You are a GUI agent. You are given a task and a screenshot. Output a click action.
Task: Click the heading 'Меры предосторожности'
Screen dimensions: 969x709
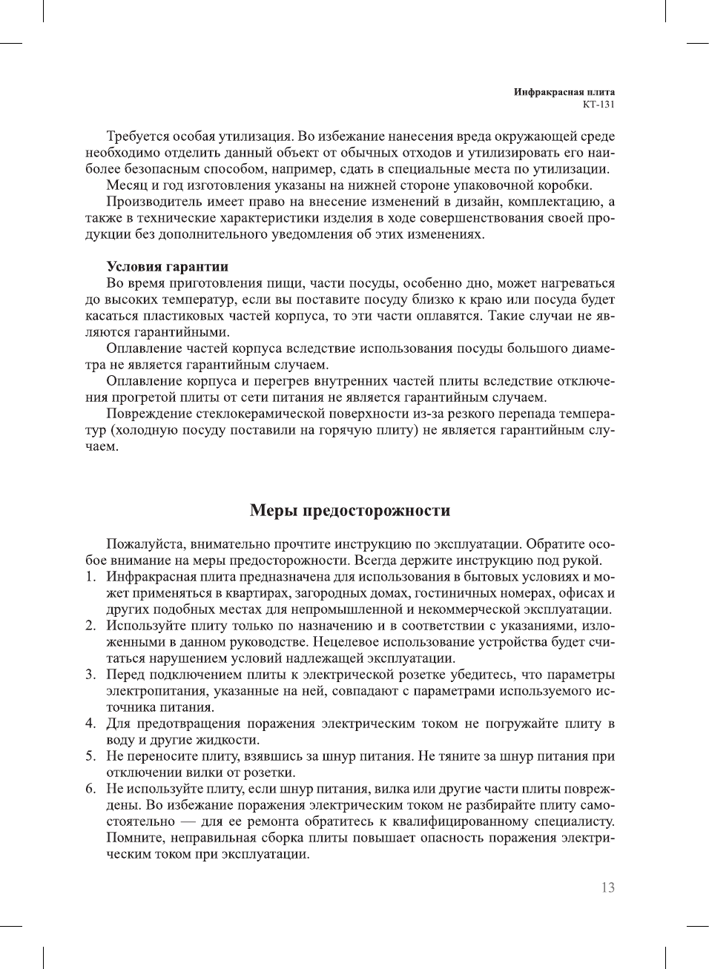point(350,511)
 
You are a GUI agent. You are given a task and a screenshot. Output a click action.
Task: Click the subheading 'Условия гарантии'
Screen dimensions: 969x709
point(167,267)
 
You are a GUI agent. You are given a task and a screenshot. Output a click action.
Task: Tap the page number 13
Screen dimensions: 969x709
point(607,887)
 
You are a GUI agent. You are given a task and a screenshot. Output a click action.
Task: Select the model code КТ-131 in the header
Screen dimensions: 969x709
point(598,105)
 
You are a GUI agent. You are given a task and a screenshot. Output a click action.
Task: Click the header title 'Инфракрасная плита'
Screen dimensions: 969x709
point(564,93)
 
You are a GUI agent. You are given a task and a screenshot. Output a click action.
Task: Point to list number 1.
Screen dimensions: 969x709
point(90,577)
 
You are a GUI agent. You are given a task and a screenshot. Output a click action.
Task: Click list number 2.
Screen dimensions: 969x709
point(90,626)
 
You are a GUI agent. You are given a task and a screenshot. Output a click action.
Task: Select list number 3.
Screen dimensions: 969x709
point(90,675)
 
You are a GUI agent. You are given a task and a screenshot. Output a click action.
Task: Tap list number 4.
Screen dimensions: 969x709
point(90,724)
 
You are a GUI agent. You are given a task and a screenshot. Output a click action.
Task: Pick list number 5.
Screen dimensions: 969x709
point(90,756)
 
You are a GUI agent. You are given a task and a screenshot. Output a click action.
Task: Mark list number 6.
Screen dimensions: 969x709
point(90,789)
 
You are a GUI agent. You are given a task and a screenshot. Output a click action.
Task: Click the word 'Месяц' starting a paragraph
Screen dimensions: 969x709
point(128,185)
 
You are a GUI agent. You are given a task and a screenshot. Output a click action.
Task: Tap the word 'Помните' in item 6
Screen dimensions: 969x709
point(135,838)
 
